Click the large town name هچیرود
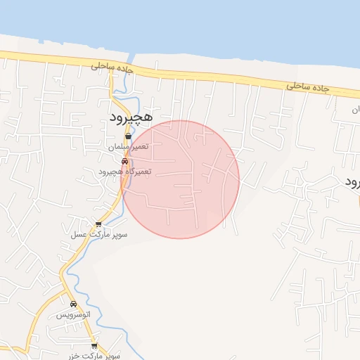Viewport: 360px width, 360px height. point(130,117)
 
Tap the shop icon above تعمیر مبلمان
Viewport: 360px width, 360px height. point(127,137)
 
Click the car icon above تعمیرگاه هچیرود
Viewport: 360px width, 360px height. point(124,161)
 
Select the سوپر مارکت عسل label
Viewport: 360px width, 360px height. point(98,234)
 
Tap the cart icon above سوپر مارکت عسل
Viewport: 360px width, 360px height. point(98,224)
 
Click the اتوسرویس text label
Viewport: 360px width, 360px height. point(74,315)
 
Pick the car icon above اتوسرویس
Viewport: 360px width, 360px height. point(74,304)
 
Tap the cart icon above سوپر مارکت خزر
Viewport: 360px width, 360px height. point(94,345)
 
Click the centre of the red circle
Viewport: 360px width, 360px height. point(181,179)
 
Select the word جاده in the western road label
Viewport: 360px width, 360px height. point(124,69)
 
